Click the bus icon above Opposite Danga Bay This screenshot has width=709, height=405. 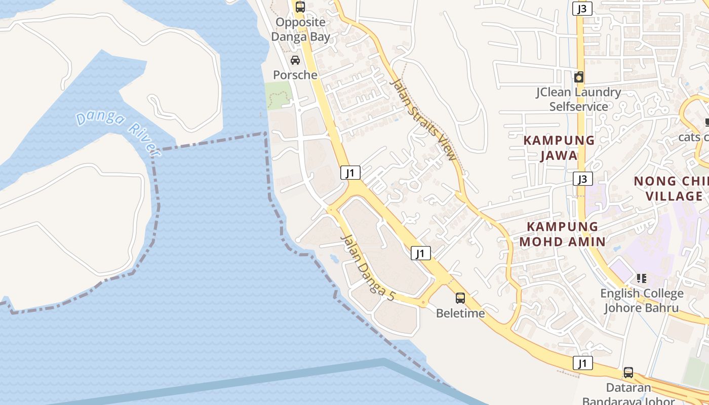[300, 7]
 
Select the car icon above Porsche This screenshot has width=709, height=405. [295, 61]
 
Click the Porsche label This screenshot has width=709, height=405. [295, 75]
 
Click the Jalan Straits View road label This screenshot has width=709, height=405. [424, 119]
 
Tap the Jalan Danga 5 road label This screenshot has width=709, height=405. [367, 268]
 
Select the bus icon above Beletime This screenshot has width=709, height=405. [460, 298]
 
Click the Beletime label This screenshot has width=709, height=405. [460, 313]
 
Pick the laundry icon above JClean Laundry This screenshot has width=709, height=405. [579, 77]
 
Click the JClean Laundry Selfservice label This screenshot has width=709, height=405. [579, 99]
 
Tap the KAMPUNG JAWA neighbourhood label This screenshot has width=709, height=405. [559, 147]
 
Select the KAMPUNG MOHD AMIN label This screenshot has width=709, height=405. [563, 234]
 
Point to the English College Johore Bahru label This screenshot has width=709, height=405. [642, 301]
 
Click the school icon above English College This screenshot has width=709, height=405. [642, 278]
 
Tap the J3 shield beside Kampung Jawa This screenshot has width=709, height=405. [583, 179]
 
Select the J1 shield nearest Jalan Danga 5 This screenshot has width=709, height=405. [421, 253]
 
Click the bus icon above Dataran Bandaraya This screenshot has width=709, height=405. [628, 373]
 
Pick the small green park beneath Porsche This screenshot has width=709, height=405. [278, 95]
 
